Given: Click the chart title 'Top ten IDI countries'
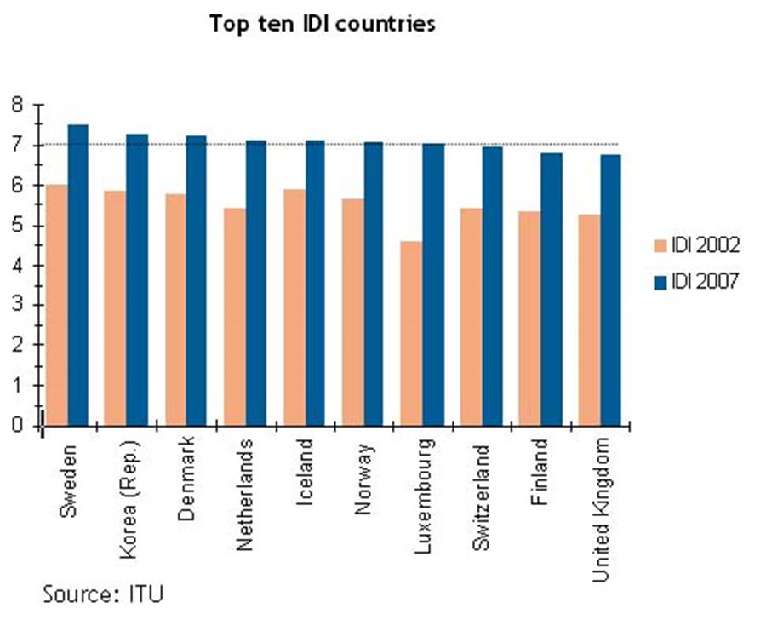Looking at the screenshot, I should coord(323,24).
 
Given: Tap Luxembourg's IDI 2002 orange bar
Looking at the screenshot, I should coord(411,333).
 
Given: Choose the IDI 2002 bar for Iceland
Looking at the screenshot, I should coord(294,307).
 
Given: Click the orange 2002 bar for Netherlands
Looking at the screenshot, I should coord(234,316).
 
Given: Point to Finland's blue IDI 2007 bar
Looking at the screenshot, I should coord(552,289).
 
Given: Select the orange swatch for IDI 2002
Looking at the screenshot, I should coord(658,246).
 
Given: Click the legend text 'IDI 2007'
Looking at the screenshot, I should coord(704,281).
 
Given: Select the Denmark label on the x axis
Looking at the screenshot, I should coord(188,478).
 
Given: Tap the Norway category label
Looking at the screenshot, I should coord(364,478).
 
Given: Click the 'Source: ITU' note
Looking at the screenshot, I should coord(103,594).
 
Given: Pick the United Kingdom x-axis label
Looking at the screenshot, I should coord(601,509).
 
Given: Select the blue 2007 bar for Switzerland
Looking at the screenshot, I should coord(492,286).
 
